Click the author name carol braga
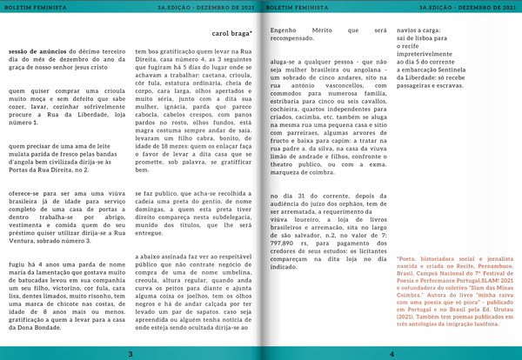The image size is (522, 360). point(231,34)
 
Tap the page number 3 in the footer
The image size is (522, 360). point(129,353)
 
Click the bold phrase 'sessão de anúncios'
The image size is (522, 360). point(32,51)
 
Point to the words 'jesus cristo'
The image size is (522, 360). point(102,67)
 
